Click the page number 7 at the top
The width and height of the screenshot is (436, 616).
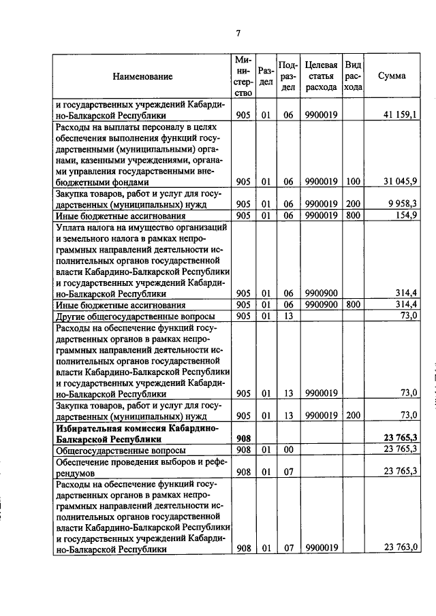[238, 33]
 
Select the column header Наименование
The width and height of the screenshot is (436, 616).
[142, 76]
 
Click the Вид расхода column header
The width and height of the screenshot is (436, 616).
[352, 76]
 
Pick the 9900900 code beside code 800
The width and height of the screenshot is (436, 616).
[320, 305]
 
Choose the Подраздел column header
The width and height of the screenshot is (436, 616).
[288, 76]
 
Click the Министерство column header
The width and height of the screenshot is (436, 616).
[243, 76]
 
